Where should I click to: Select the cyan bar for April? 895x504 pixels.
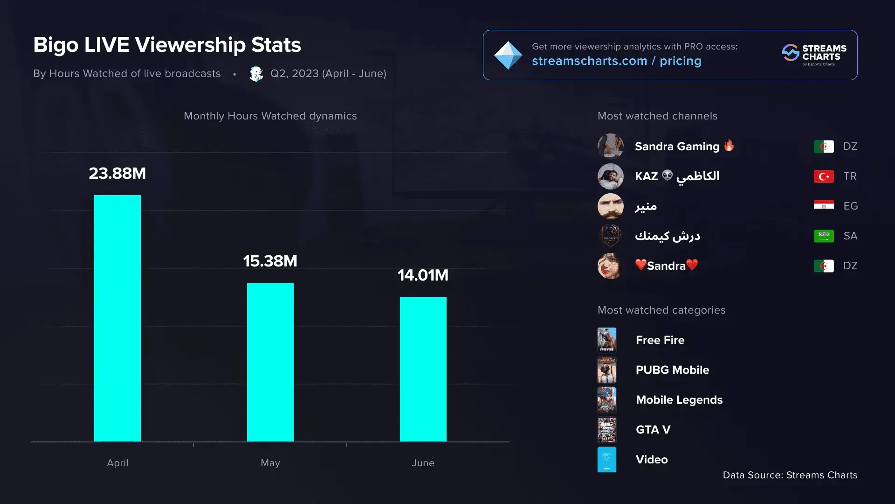117,318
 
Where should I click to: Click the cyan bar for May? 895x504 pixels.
270,362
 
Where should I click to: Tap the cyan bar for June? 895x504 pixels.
423,369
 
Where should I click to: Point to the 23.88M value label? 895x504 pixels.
117,174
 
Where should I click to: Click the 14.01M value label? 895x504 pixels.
423,275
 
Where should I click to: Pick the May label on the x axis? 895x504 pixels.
270,463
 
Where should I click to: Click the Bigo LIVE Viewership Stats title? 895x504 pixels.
167,45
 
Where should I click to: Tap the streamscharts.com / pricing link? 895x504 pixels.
616,61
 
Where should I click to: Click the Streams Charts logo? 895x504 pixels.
814,55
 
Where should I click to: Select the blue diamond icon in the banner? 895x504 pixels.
508,55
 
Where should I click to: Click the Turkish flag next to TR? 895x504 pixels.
824,176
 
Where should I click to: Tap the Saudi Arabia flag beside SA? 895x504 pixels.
824,236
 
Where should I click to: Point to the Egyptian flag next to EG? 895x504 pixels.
824,205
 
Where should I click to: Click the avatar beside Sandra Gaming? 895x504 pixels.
610,146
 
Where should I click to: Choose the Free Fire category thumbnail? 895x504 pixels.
607,340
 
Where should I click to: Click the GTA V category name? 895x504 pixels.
653,430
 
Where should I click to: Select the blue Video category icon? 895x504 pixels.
607,460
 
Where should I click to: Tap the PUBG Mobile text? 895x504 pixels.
672,370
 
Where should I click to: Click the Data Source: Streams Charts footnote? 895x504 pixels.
790,475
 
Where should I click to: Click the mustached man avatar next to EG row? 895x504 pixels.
610,206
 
